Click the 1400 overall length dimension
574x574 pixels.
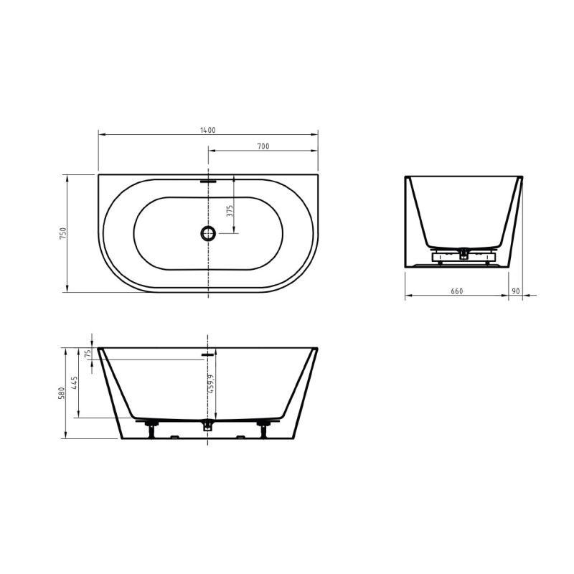(208, 130)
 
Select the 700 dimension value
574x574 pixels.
(263, 146)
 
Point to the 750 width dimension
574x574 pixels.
(62, 233)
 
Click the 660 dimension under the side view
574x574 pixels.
(456, 291)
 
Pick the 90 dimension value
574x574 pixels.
(516, 291)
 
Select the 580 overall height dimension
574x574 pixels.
(62, 393)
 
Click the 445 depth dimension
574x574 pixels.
(75, 383)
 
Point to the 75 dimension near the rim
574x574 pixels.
(88, 354)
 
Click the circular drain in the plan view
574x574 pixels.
(208, 232)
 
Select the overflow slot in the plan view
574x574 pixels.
(208, 182)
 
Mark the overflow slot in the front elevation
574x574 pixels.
(208, 354)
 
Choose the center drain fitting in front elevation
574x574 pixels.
(208, 425)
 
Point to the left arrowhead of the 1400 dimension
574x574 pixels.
(100, 134)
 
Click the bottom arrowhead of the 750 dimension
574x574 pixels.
(67, 290)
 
